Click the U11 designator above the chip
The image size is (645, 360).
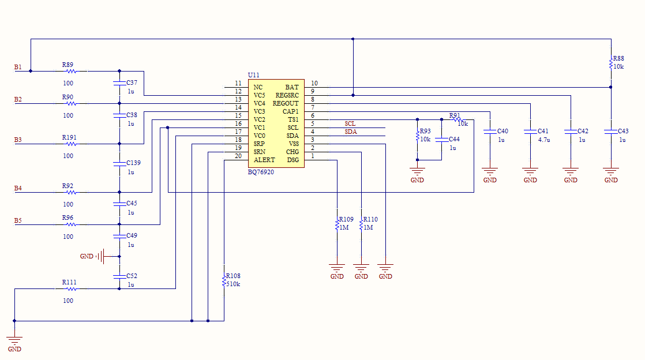tap(253, 75)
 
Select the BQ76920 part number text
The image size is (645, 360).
tap(261, 172)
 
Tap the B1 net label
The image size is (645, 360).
tap(18, 67)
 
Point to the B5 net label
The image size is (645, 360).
tap(18, 220)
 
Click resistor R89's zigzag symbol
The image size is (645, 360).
tap(71, 71)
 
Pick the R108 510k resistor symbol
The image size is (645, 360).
tap(224, 282)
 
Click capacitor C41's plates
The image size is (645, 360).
tap(530, 132)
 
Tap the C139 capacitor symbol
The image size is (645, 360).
tap(119, 164)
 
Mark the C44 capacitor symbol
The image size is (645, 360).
tap(441, 140)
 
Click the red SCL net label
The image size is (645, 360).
tap(350, 123)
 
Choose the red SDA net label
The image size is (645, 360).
tap(351, 132)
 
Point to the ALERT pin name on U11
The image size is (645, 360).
tap(264, 160)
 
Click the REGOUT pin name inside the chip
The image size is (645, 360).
tap(286, 103)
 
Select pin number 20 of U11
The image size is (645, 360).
tap(238, 156)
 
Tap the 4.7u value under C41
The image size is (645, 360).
tap(544, 140)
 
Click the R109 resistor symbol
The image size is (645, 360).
tap(337, 224)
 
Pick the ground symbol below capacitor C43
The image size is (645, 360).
tap(611, 171)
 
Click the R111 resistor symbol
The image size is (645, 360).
tap(71, 289)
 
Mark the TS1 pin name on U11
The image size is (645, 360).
tap(293, 120)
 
